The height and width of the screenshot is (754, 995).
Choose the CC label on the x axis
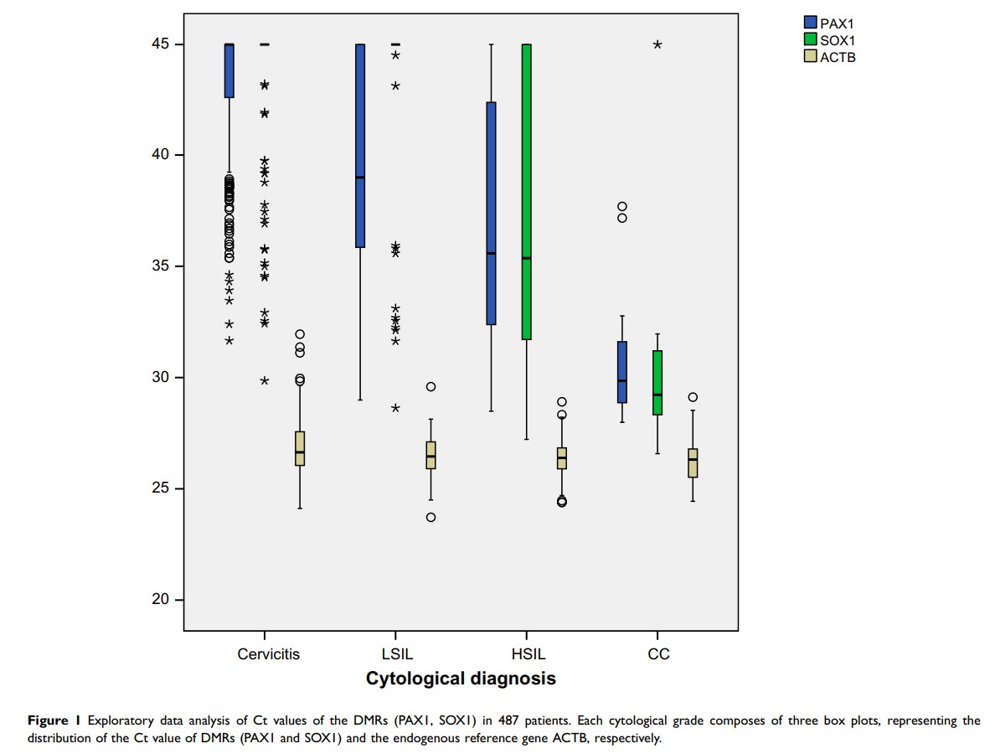coord(658,654)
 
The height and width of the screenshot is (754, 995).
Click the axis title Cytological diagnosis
coord(461,679)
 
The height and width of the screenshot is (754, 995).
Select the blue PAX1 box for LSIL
coord(360,146)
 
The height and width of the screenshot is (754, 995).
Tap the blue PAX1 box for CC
coord(622,372)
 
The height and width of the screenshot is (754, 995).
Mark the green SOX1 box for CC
coord(657,382)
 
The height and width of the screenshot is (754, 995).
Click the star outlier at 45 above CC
coord(657,44)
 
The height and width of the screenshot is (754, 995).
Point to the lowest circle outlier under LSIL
coord(430,517)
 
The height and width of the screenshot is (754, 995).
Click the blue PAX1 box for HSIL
coord(491,213)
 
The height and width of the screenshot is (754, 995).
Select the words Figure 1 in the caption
coord(54,720)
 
